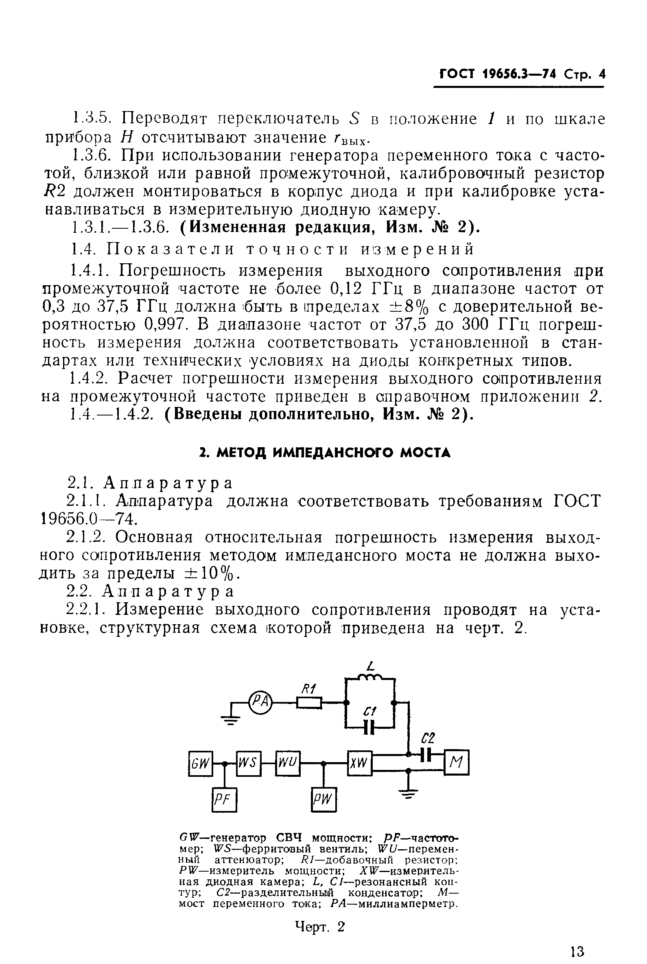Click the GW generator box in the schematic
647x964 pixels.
201,763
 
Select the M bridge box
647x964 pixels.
457,763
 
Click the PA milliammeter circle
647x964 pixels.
260,702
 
